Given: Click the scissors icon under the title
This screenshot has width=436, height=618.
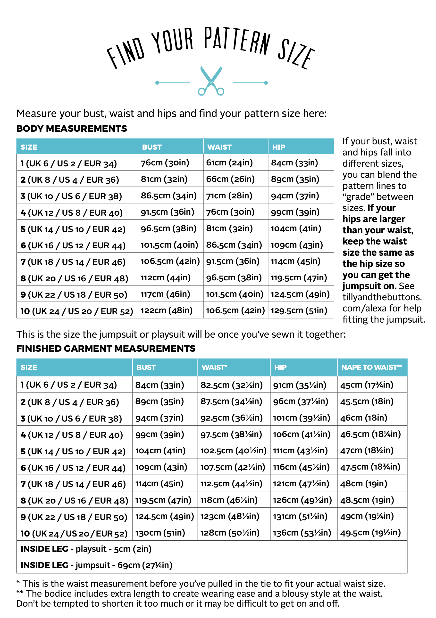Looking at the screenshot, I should (x=211, y=81).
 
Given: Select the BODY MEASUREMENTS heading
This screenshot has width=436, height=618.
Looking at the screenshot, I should (x=71, y=129).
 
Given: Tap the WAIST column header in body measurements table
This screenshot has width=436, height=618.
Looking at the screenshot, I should (x=219, y=147).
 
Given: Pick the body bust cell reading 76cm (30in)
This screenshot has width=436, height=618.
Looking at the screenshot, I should (x=165, y=163).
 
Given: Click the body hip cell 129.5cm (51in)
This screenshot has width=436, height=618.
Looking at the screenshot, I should (x=299, y=310).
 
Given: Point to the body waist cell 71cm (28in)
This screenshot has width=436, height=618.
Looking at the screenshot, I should (x=229, y=196).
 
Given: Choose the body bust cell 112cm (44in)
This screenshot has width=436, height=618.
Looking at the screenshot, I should (x=166, y=277).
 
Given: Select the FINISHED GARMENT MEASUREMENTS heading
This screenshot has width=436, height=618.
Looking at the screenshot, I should (x=106, y=349).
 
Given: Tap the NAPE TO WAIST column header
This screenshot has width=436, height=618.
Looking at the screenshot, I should (x=372, y=367).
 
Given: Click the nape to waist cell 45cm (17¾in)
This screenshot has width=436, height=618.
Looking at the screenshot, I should (x=367, y=385).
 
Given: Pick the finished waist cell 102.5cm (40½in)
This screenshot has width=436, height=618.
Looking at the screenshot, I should (x=233, y=451).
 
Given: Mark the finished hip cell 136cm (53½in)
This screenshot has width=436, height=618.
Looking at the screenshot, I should (x=302, y=533).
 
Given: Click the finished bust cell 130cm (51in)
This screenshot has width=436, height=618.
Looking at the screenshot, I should (x=160, y=533).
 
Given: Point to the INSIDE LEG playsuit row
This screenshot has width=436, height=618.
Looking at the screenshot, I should (x=86, y=549).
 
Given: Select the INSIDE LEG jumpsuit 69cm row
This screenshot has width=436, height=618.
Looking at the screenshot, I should (x=96, y=565).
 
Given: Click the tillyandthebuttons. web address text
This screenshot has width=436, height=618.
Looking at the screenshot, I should (x=382, y=297).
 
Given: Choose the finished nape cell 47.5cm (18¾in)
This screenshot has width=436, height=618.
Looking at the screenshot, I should (x=370, y=467).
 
